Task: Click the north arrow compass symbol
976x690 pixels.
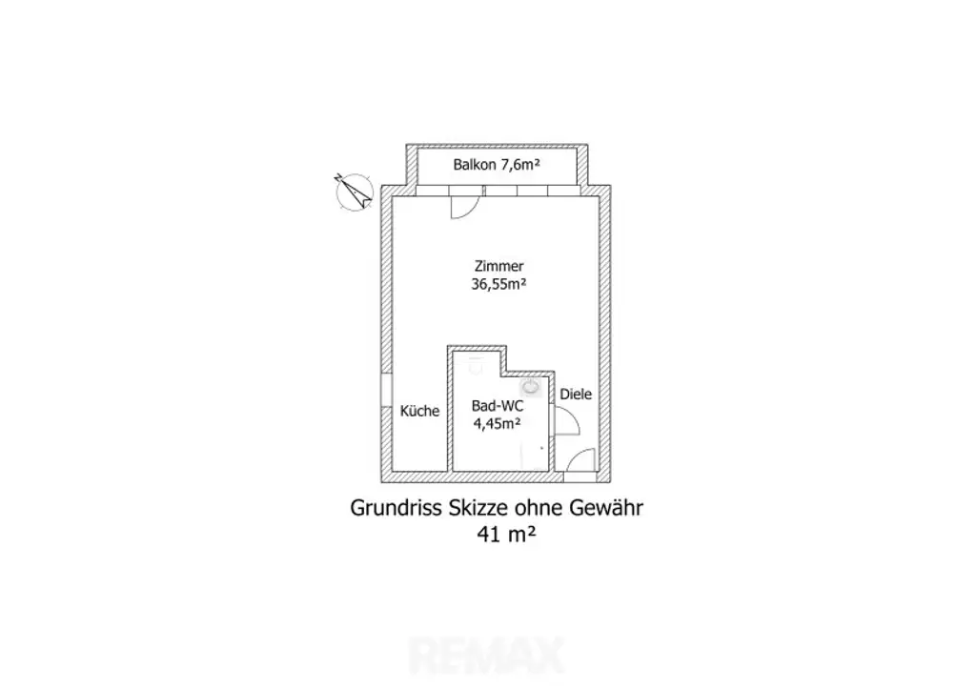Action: point(354,191)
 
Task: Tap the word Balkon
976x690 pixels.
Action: point(475,165)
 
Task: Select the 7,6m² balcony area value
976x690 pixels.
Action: point(520,165)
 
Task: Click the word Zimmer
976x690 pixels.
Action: point(498,266)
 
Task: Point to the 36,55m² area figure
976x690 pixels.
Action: point(498,284)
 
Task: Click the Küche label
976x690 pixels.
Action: point(419,411)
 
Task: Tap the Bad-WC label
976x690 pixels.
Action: point(498,406)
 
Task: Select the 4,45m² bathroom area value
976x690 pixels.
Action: point(498,424)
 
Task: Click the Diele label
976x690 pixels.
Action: point(576,394)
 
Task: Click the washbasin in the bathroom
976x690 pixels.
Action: point(531,387)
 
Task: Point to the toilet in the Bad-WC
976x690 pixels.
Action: point(477,367)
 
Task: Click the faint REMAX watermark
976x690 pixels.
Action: point(487,655)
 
